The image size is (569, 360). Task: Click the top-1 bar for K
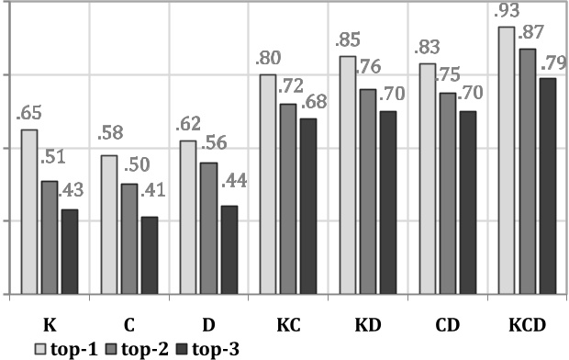point(28,212)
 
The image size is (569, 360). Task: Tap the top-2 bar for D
point(208,229)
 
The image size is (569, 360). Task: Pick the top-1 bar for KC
point(268,185)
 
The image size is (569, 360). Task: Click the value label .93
point(502,14)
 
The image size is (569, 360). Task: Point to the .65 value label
point(28,115)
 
